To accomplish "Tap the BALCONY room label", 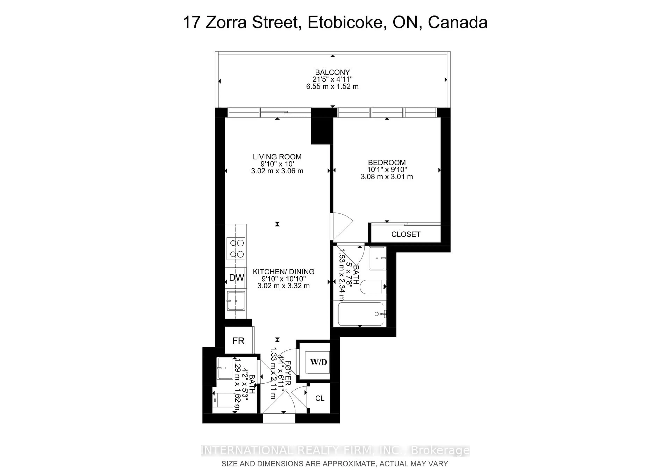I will click(x=332, y=72).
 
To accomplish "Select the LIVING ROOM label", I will click(x=277, y=157).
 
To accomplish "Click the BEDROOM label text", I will click(x=387, y=162).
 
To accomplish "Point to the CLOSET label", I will click(x=406, y=234).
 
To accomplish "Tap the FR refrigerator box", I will click(x=238, y=341).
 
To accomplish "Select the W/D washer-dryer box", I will click(x=318, y=362).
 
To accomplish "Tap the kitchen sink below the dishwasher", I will click(x=236, y=301).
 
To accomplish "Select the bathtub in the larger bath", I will click(x=360, y=314).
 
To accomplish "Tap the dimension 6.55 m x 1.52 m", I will click(x=332, y=86).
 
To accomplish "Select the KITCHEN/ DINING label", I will click(x=283, y=272).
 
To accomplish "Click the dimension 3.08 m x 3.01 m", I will click(x=387, y=177).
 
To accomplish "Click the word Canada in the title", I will click(x=458, y=23).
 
